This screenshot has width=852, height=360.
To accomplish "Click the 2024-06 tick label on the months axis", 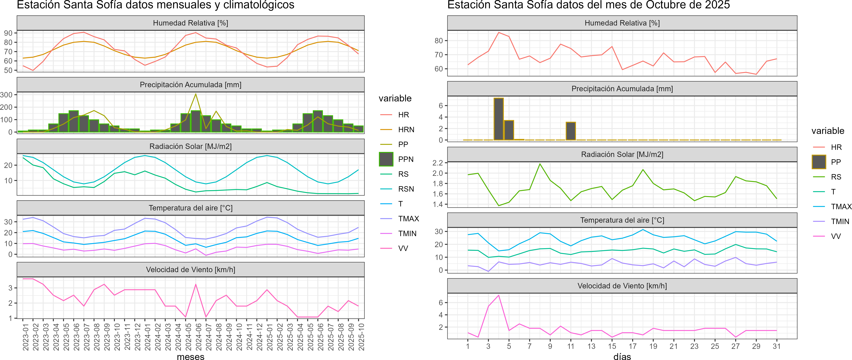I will [198, 337].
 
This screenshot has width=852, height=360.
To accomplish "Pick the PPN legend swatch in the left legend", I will [386, 159].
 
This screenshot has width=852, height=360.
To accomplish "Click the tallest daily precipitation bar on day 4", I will [498, 119].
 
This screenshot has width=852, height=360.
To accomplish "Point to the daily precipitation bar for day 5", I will [509, 130].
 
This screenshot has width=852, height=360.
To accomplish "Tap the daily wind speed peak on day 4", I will [498, 295].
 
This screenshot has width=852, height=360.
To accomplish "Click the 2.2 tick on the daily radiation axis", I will [437, 163].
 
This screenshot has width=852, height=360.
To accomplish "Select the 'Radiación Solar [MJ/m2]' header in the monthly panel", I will [190, 146].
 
